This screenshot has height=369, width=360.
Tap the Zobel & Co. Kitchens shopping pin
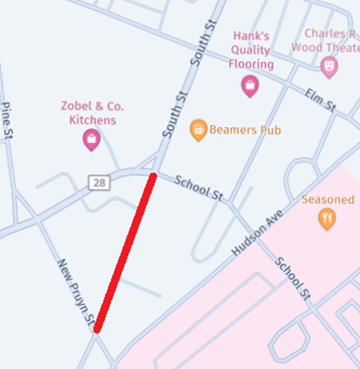(91, 141)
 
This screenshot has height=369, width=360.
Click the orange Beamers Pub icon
(199, 130)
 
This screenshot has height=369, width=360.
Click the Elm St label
(320, 100)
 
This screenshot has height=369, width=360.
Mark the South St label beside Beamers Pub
(175, 115)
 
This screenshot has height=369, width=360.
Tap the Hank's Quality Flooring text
(251, 50)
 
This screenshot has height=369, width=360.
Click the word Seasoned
(328, 199)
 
